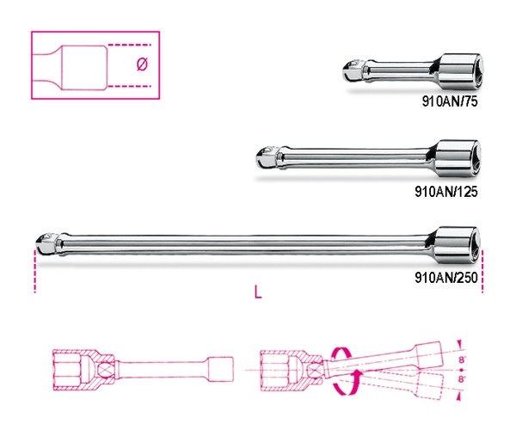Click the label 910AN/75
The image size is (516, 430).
[450, 101]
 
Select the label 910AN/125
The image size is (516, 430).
[445, 191]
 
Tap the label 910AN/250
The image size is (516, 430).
[445, 278]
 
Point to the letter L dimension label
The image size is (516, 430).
[258, 292]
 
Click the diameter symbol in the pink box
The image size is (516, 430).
[142, 64]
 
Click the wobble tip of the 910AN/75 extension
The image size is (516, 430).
[353, 70]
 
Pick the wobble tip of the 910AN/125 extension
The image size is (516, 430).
[267, 157]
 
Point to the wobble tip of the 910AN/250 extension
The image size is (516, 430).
[46, 244]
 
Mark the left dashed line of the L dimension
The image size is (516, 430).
[34, 271]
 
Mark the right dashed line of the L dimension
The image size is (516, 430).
[482, 271]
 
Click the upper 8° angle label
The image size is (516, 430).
[461, 359]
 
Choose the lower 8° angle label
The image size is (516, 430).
[461, 379]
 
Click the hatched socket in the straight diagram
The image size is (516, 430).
[84, 370]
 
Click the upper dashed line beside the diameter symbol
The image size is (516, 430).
[129, 45]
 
